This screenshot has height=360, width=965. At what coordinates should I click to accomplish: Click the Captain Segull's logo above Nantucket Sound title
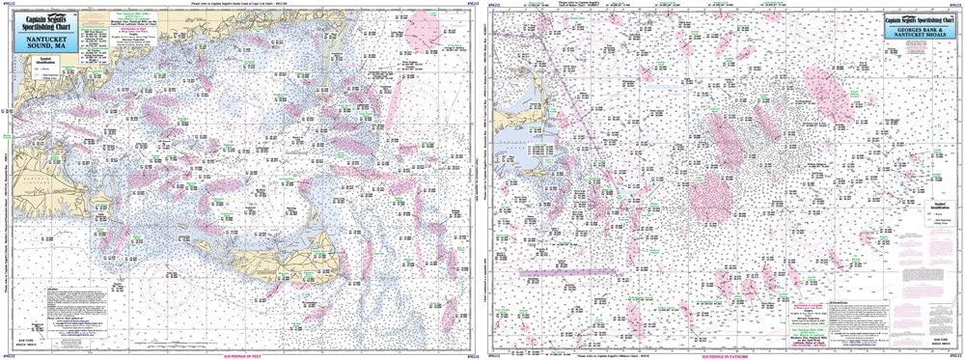44,24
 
